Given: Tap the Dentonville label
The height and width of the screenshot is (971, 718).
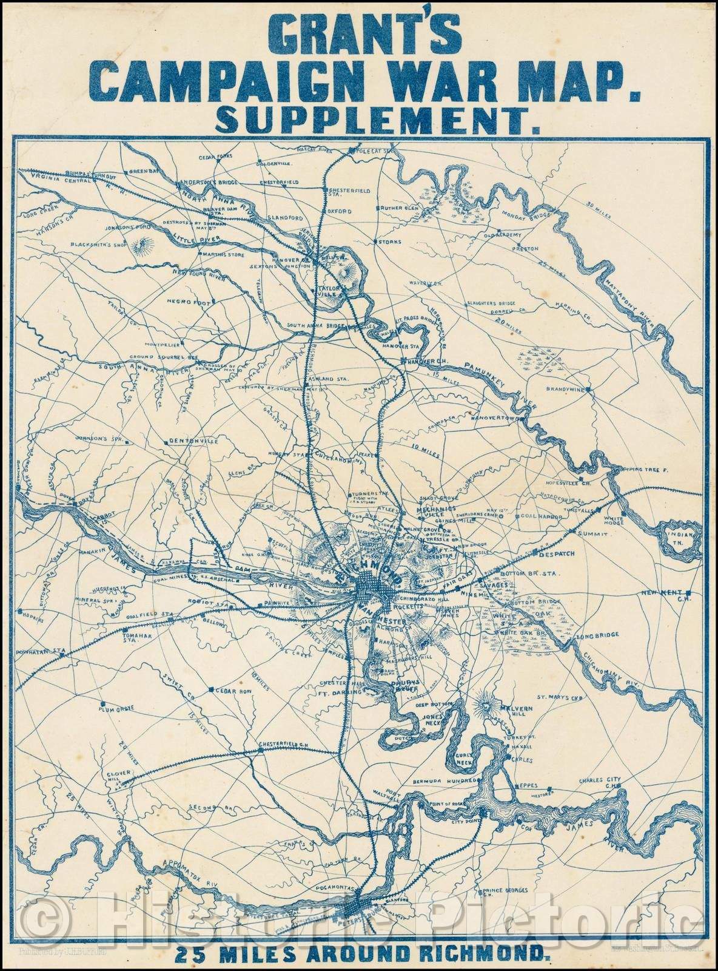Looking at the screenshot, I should (x=194, y=441).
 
